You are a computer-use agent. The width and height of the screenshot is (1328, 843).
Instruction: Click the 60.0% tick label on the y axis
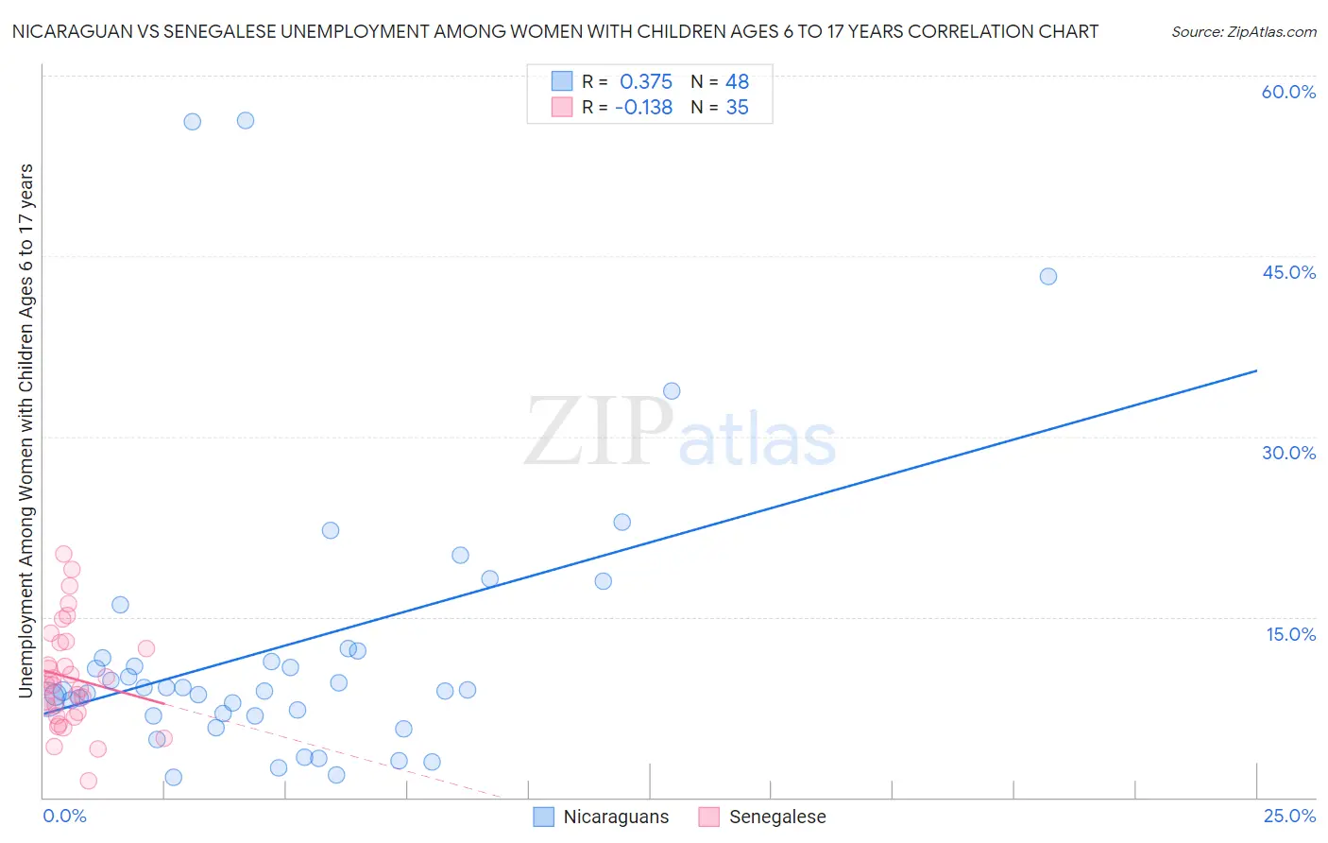1288,92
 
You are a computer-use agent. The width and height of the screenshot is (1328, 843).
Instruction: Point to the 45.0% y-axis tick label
1288,272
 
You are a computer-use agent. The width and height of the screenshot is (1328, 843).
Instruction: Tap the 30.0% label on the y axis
1288,453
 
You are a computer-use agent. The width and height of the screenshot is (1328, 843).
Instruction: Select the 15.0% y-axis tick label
1290,634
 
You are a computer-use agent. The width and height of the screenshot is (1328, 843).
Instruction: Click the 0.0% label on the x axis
64,816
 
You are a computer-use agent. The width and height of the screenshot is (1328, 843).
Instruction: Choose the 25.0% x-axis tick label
1289,816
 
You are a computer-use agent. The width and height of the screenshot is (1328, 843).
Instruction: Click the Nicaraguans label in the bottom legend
616,817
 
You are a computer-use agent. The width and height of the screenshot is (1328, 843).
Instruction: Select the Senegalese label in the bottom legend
777,817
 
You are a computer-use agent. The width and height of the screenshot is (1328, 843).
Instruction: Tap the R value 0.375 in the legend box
646,81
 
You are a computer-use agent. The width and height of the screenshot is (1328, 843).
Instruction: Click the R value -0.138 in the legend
643,108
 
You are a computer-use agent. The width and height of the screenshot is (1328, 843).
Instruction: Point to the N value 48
737,81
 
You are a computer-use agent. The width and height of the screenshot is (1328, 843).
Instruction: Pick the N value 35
737,108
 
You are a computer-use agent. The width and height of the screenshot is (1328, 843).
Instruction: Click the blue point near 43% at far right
1047,277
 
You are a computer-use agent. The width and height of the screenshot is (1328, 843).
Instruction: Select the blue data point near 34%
672,391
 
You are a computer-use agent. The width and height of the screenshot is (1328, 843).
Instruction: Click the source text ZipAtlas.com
1244,32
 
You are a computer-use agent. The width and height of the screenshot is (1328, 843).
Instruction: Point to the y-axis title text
26,430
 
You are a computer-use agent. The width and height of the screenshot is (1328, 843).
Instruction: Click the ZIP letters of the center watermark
599,431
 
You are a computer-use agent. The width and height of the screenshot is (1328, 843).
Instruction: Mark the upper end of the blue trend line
1256,370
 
